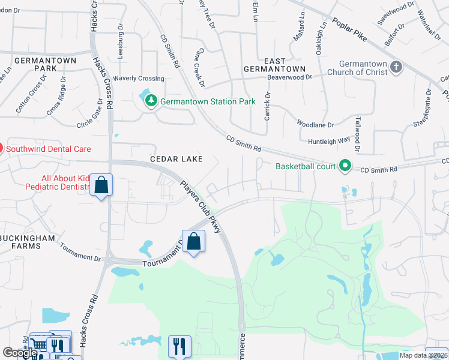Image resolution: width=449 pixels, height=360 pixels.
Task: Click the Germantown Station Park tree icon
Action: (x=151, y=101)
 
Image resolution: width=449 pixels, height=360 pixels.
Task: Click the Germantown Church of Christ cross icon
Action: (x=396, y=67)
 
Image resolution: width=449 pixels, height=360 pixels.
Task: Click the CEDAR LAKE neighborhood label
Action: (x=176, y=159)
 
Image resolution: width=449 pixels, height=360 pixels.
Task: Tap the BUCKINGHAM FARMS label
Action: (x=28, y=242)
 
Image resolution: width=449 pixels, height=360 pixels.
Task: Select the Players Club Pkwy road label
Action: (x=203, y=202)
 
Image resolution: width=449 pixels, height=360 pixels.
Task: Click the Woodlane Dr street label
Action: (x=315, y=124)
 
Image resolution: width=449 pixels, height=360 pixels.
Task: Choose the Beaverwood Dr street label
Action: (x=290, y=77)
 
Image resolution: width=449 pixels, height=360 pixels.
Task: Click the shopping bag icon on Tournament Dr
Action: (x=193, y=242)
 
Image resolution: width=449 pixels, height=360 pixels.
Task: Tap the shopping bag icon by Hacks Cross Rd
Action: (x=101, y=185)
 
